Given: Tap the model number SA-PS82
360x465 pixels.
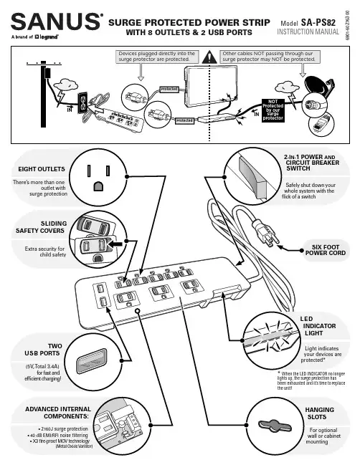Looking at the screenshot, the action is [318, 22].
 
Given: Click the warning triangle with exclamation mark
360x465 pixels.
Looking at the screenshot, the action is [209, 57].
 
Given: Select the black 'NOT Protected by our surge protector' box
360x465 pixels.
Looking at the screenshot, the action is [273, 110].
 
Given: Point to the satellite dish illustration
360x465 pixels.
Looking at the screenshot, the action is [319, 86].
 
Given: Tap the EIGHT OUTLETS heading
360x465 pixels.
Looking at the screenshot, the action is [42, 169].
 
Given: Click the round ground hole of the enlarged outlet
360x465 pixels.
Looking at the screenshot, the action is [98, 186].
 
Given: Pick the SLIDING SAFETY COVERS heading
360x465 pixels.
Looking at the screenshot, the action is [40, 227].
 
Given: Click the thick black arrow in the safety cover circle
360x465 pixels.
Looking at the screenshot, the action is [115, 244].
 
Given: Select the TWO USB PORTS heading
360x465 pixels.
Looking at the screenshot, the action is [43, 350].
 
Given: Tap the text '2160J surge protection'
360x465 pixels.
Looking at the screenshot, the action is [65, 429].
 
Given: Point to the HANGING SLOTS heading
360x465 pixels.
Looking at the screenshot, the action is [319, 413].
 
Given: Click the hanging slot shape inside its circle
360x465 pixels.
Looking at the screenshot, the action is [275, 426].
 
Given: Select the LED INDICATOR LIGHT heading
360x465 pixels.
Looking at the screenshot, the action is [318, 326].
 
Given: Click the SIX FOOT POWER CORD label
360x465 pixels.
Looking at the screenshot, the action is [326, 250].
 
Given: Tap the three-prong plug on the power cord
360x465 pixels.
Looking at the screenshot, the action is [265, 233].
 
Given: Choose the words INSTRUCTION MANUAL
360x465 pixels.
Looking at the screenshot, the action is [308, 32].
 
